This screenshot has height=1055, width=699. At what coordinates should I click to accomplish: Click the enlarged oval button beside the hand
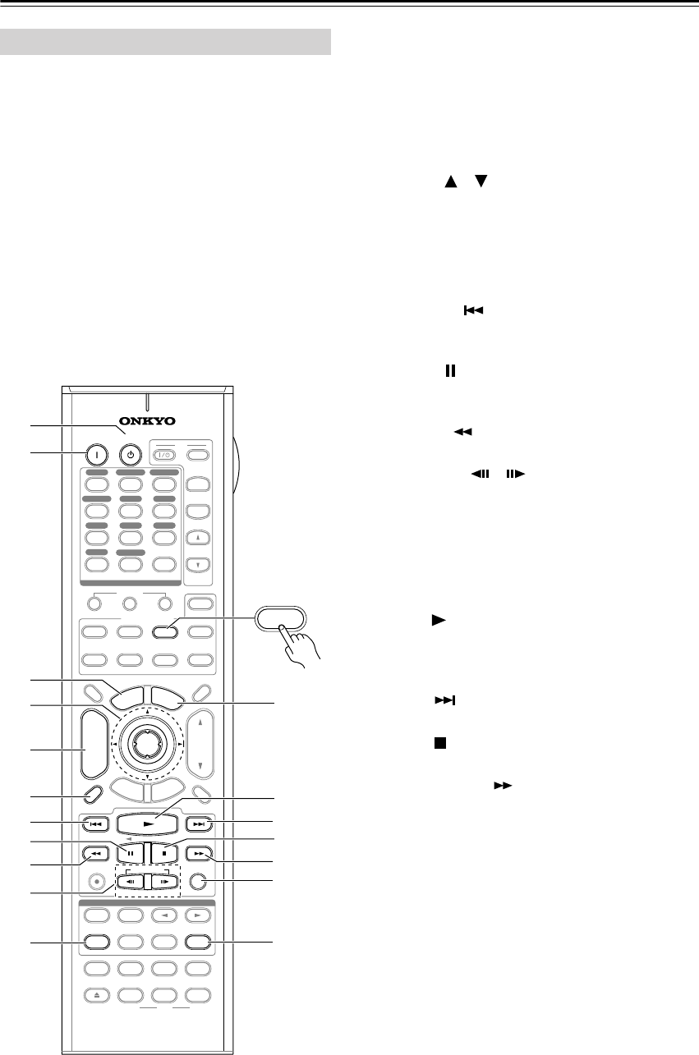tap(279, 617)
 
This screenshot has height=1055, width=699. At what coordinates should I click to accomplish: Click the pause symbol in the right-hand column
tap(448, 372)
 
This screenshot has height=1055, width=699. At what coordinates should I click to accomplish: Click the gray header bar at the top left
tap(166, 42)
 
